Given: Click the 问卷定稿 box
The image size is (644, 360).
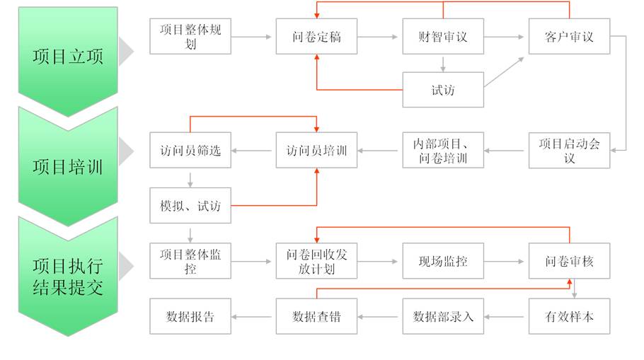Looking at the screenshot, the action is click(316, 36).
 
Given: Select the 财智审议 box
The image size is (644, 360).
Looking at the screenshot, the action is click(443, 36).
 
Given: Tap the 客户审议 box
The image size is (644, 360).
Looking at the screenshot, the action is click(569, 36).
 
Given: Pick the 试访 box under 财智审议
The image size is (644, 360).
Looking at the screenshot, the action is click(443, 90).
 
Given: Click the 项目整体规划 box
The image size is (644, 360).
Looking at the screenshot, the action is click(190, 36).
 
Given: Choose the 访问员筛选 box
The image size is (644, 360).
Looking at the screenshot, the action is click(190, 150).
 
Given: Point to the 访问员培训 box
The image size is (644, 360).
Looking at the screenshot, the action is click(316, 150).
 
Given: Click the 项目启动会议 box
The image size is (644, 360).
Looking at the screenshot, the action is click(569, 150).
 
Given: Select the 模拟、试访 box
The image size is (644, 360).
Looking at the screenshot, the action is click(190, 205).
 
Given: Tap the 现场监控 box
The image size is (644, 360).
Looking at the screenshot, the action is click(443, 261).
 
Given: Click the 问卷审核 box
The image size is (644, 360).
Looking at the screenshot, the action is click(569, 261).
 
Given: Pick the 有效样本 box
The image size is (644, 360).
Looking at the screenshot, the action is click(569, 316).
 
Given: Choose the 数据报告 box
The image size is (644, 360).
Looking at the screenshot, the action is click(190, 316).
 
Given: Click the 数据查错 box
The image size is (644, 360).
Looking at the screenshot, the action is click(316, 316).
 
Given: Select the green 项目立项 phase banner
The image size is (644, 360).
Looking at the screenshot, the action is click(68, 57).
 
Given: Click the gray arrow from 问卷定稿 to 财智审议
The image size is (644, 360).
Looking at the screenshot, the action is click(377, 37).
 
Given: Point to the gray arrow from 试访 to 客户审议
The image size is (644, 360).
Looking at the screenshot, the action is click(504, 72).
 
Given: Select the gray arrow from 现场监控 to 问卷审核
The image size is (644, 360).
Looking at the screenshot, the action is click(504, 261).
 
